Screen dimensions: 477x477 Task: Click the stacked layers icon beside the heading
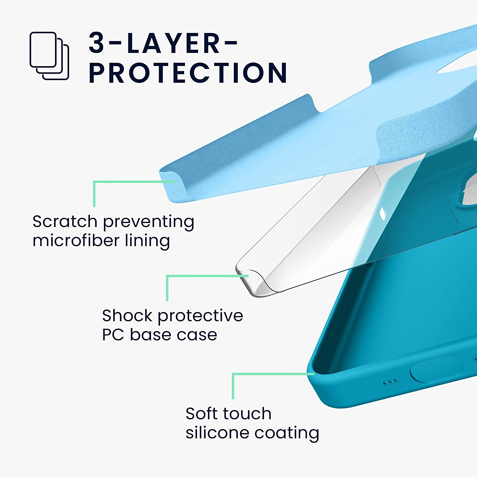pyautogui.click(x=49, y=56)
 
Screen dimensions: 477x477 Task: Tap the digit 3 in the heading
pyautogui.click(x=97, y=43)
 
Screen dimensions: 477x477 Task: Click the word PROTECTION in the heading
pyautogui.click(x=188, y=73)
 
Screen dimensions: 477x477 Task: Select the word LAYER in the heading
pyautogui.click(x=173, y=43)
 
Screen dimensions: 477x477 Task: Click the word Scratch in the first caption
pyautogui.click(x=65, y=221)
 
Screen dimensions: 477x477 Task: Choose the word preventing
pyautogui.click(x=149, y=222)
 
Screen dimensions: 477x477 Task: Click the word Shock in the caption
pyautogui.click(x=127, y=316)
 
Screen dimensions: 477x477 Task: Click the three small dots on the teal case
pyautogui.click(x=390, y=381)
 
